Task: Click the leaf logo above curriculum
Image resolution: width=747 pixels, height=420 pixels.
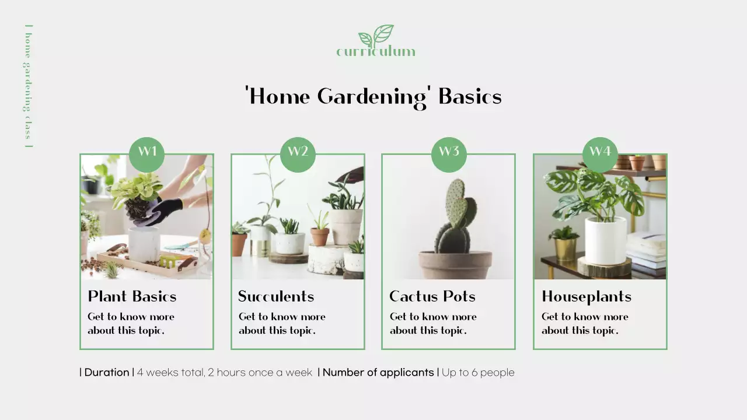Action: tap(376, 35)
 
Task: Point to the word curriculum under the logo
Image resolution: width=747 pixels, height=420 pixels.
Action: tap(376, 52)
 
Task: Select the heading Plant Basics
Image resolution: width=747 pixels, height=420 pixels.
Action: tap(132, 296)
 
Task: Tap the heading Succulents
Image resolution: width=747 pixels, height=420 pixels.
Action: tap(276, 296)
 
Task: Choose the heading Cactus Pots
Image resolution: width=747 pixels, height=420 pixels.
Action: tap(432, 296)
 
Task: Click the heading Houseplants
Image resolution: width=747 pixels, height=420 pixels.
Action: tap(587, 296)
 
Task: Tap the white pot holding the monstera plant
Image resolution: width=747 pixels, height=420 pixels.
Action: tap(605, 240)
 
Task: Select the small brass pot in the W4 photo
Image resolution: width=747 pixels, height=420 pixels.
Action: tap(565, 249)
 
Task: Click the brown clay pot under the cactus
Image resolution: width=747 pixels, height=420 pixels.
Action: tap(455, 265)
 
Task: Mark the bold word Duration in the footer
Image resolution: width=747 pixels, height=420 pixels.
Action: tap(107, 372)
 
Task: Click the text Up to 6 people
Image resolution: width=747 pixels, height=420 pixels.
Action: tap(478, 372)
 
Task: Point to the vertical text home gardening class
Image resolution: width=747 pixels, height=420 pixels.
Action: tap(27, 86)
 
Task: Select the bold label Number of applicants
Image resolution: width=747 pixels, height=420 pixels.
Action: tap(378, 372)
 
